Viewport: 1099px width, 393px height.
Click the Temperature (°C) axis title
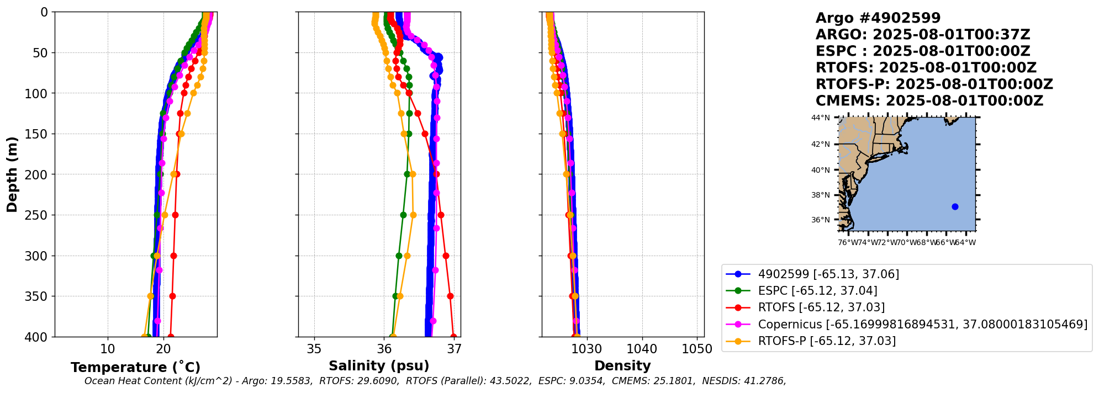click(x=135, y=367)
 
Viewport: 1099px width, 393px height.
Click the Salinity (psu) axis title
click(x=379, y=365)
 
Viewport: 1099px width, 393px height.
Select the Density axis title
click(x=622, y=365)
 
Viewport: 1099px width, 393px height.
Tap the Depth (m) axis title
click(x=12, y=174)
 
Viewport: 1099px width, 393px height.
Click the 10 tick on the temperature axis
click(x=108, y=349)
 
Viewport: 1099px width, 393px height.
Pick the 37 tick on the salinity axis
click(x=455, y=349)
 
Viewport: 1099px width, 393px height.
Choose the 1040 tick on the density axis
click(x=642, y=349)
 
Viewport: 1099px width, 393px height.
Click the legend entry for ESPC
click(x=817, y=290)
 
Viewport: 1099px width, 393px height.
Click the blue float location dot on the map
click(x=955, y=206)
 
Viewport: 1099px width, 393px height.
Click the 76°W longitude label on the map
click(x=847, y=242)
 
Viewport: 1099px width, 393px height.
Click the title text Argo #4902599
click(x=878, y=18)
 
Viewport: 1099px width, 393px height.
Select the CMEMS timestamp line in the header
click(x=929, y=101)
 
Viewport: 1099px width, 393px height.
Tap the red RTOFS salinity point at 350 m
click(x=450, y=296)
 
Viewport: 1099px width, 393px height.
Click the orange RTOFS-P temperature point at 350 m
click(x=151, y=296)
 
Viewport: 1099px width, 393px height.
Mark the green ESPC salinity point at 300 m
click(x=399, y=256)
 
